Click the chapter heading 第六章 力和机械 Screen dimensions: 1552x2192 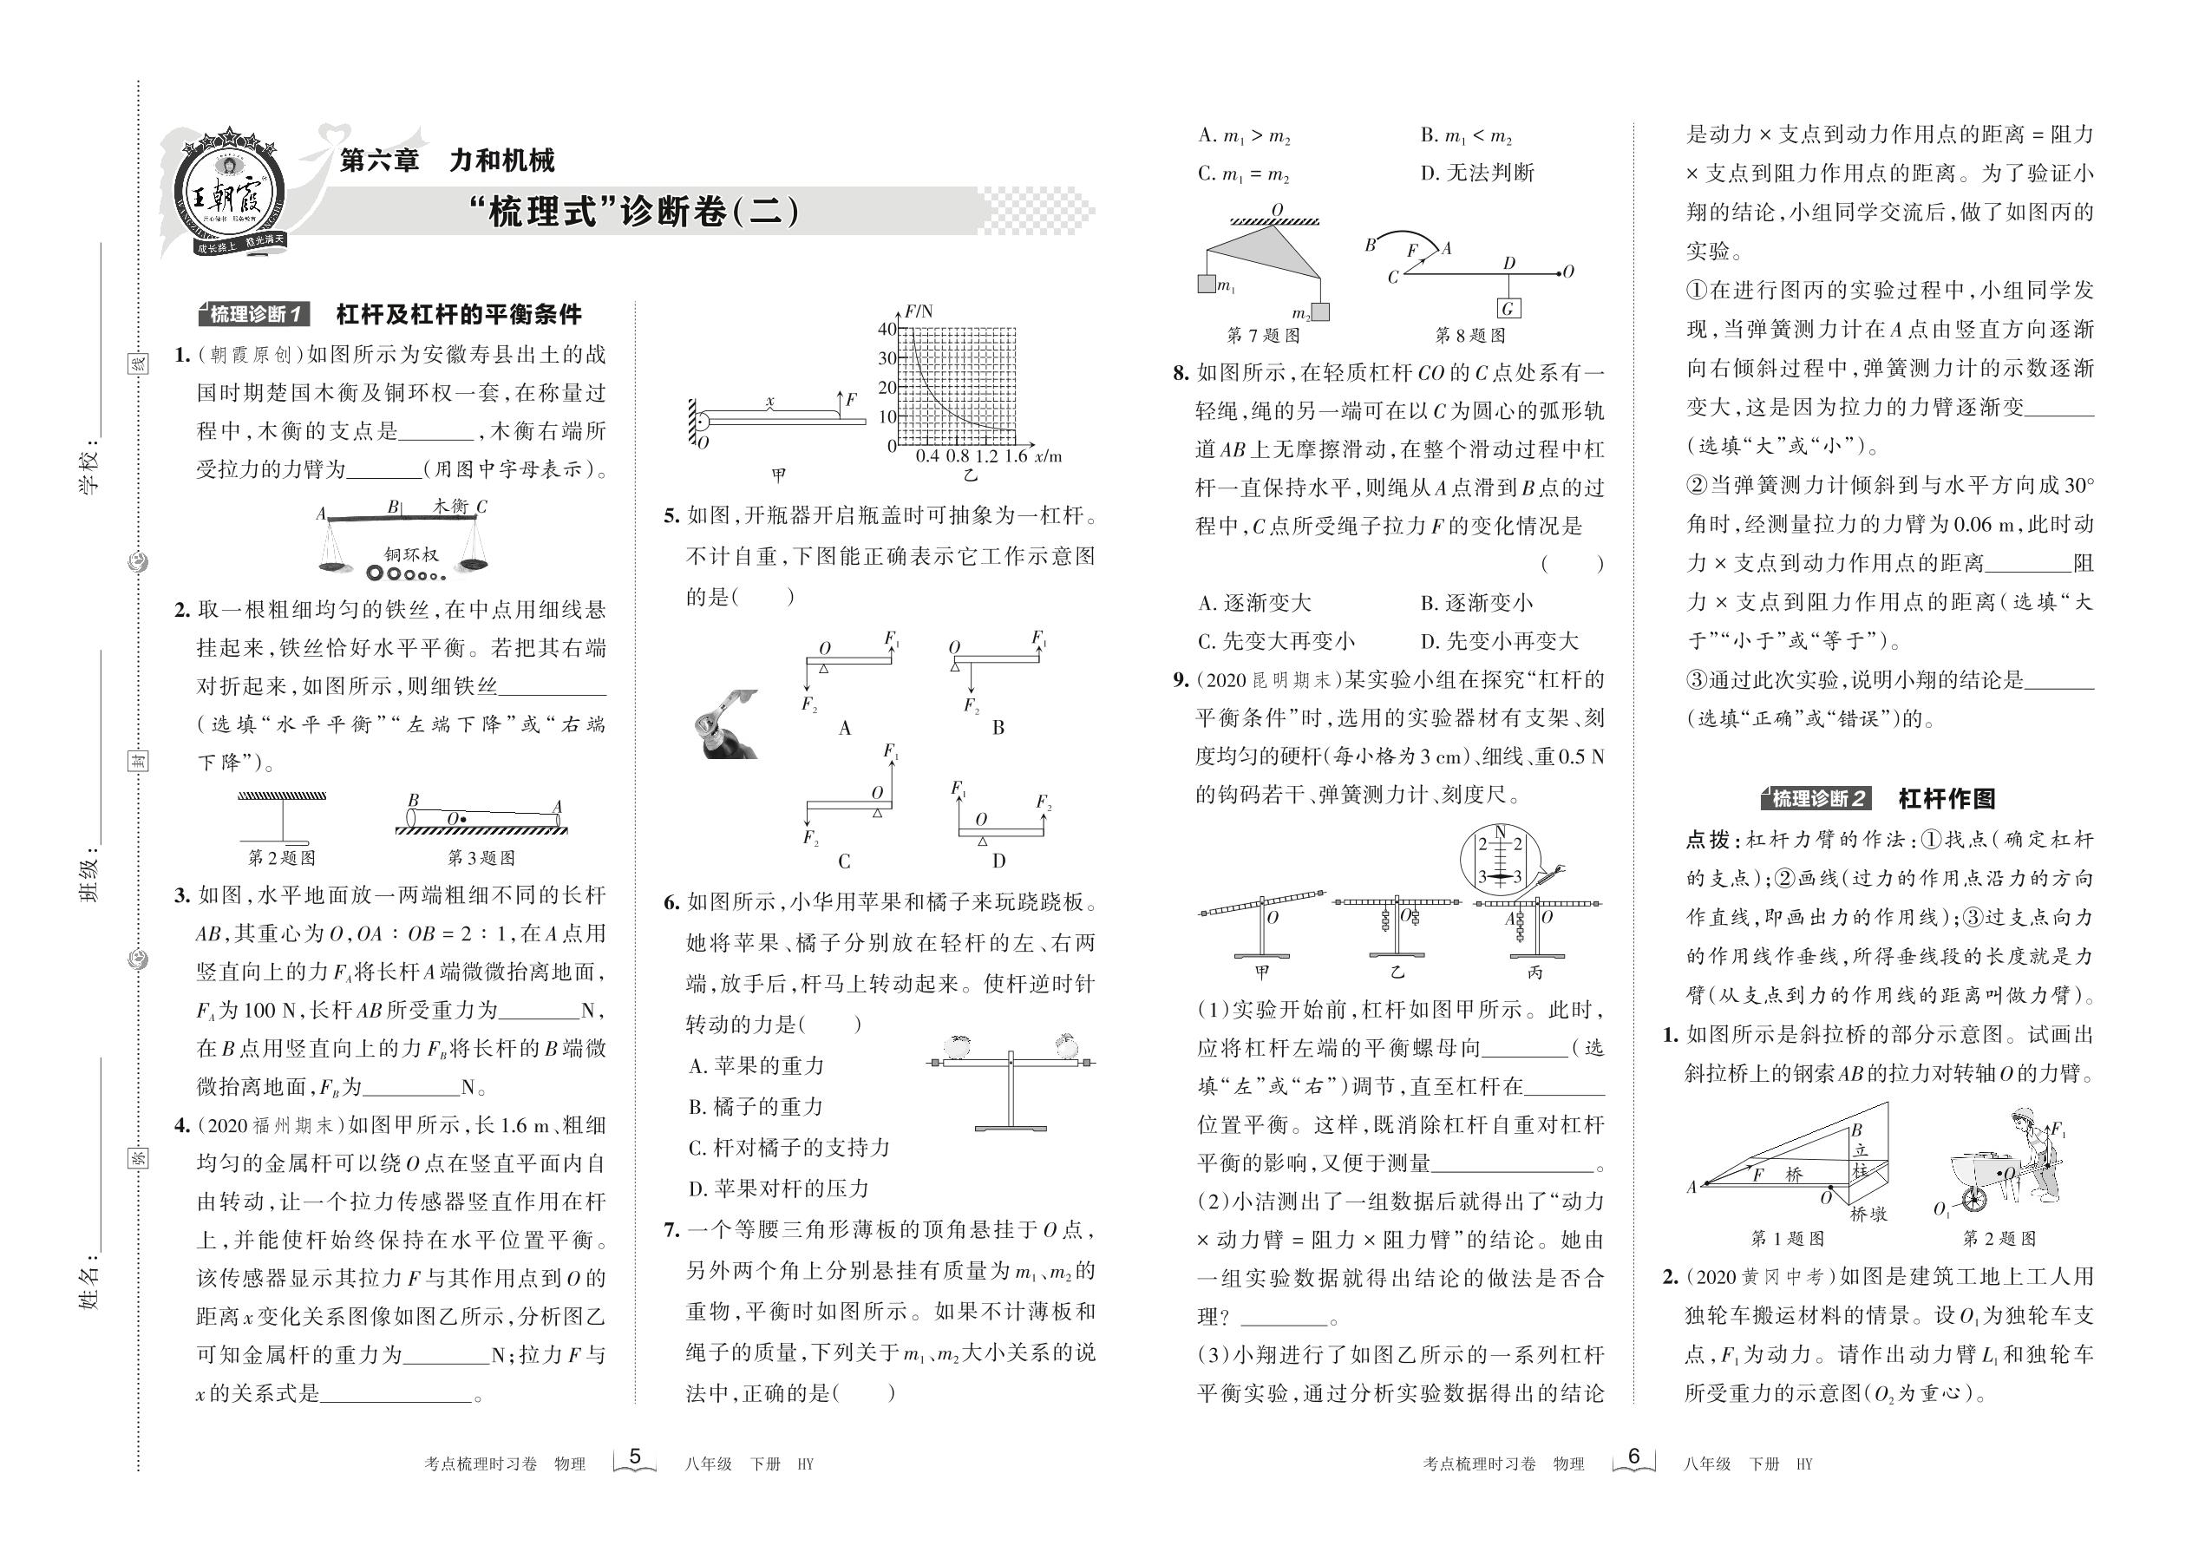(x=448, y=160)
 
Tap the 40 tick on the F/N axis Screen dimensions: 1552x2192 (x=887, y=330)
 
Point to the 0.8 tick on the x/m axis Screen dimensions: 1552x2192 (x=958, y=455)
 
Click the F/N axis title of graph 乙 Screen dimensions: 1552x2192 (x=919, y=311)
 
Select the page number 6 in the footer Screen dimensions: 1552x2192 (x=1634, y=1457)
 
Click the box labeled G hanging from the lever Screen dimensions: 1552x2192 (x=1508, y=308)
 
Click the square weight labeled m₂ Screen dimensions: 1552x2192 (x=1320, y=311)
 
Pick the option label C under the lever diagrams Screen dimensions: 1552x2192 (x=844, y=861)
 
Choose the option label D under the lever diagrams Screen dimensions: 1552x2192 (x=998, y=861)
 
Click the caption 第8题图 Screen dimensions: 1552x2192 (x=1469, y=336)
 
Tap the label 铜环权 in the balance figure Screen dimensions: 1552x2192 (x=411, y=554)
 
